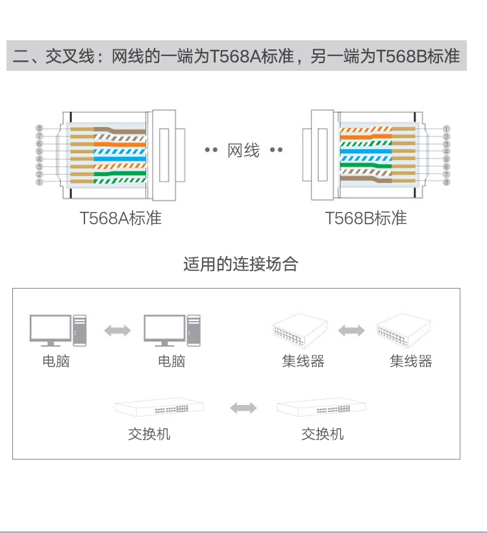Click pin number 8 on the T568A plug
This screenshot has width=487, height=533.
click(x=39, y=128)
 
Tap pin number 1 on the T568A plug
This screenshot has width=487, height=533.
click(x=39, y=183)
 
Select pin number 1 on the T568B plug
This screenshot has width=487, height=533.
click(x=447, y=129)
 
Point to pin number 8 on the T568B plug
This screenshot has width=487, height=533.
click(x=447, y=183)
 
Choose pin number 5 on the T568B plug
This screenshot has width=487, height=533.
click(x=447, y=159)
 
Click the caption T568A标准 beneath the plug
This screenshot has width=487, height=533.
click(x=120, y=218)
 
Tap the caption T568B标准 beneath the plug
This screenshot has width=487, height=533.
click(x=366, y=218)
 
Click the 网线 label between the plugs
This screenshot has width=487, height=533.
click(x=243, y=151)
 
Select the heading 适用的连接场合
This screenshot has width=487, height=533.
click(x=240, y=264)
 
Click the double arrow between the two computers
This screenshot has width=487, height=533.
click(x=118, y=331)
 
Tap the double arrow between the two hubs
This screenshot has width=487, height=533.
click(x=351, y=331)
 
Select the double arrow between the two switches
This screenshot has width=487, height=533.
click(x=243, y=408)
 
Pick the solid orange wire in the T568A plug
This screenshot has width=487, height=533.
click(x=120, y=144)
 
